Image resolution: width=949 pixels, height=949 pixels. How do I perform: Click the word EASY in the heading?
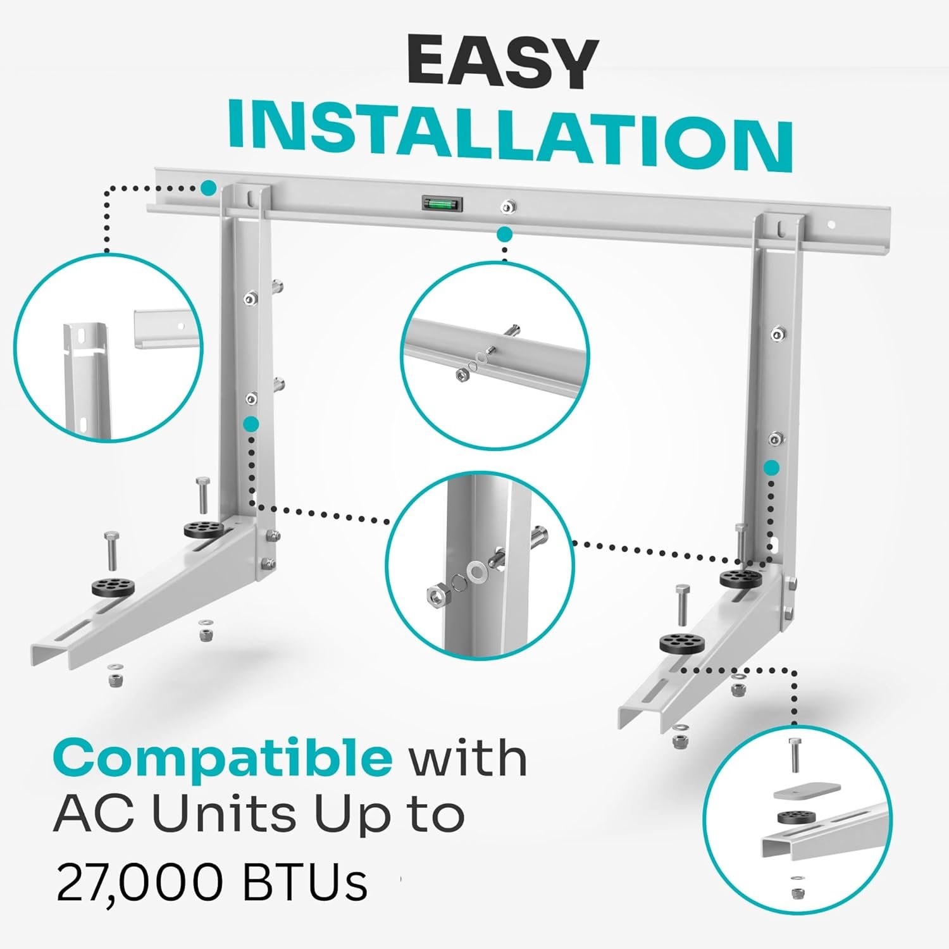[x=502, y=63]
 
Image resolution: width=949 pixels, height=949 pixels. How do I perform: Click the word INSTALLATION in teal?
[x=510, y=135]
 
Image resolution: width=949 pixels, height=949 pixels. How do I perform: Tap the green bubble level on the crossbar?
[x=442, y=204]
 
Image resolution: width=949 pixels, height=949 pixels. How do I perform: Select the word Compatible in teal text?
[x=223, y=757]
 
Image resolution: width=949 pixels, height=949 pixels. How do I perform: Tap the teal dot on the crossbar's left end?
[x=208, y=188]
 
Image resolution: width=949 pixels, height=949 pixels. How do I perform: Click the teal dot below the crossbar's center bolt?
[x=504, y=235]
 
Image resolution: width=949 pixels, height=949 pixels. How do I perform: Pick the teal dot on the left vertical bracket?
[x=251, y=424]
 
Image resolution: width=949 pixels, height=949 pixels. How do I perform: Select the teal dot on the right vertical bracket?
[x=771, y=468]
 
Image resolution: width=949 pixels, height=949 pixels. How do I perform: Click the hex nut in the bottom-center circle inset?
[x=437, y=595]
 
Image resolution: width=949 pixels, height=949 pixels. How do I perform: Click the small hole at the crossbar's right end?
[x=833, y=225]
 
